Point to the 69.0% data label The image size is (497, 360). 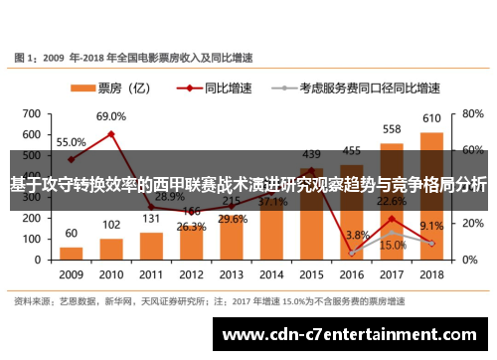(x=111, y=116)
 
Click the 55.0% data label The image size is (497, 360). (x=71, y=142)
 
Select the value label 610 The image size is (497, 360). (x=431, y=119)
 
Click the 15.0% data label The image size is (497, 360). (x=392, y=245)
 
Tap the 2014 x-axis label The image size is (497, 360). (x=271, y=273)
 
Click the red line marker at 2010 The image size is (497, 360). (x=111, y=133)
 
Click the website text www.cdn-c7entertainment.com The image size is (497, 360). (x=353, y=334)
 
